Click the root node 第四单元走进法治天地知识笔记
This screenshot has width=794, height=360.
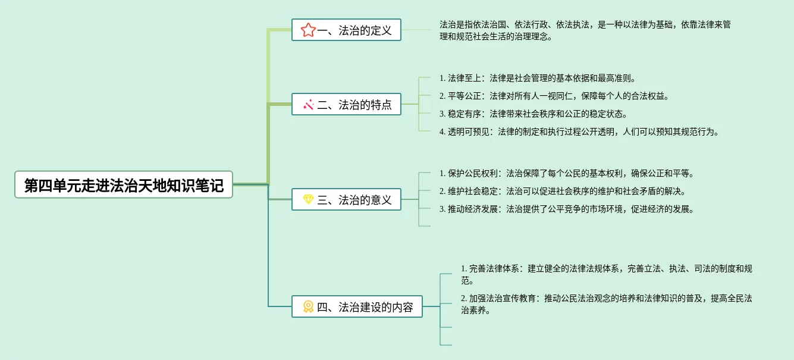[x=124, y=185]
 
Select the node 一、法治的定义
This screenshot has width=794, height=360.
[x=346, y=30]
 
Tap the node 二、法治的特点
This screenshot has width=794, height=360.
[x=346, y=105]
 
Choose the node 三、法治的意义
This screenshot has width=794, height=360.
[x=346, y=200]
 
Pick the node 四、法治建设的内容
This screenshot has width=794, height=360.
[x=357, y=307]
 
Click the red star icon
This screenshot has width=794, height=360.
[x=307, y=30]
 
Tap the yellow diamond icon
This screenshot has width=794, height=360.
[x=308, y=200]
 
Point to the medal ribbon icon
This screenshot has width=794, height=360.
[x=308, y=307]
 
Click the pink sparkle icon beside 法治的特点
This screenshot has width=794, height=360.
[x=308, y=105]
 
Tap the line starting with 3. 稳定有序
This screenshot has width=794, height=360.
[x=533, y=114]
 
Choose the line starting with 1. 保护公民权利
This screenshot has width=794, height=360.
[x=567, y=174]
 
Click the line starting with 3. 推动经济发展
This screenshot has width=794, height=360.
[x=567, y=209]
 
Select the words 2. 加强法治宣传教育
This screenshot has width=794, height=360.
[x=499, y=298]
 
